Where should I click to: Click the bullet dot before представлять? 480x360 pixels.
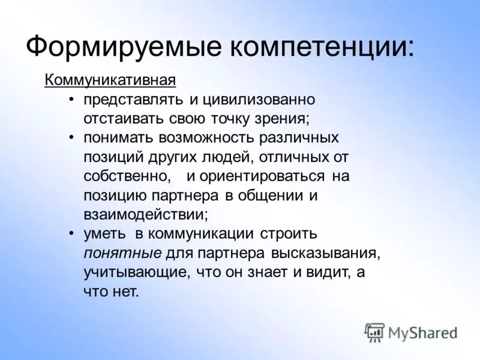coord(71,99)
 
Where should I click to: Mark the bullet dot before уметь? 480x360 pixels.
coord(71,233)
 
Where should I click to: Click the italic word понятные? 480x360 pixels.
coord(122,252)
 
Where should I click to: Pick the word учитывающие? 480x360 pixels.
coord(136,272)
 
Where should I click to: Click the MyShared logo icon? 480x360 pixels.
coord(374,332)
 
